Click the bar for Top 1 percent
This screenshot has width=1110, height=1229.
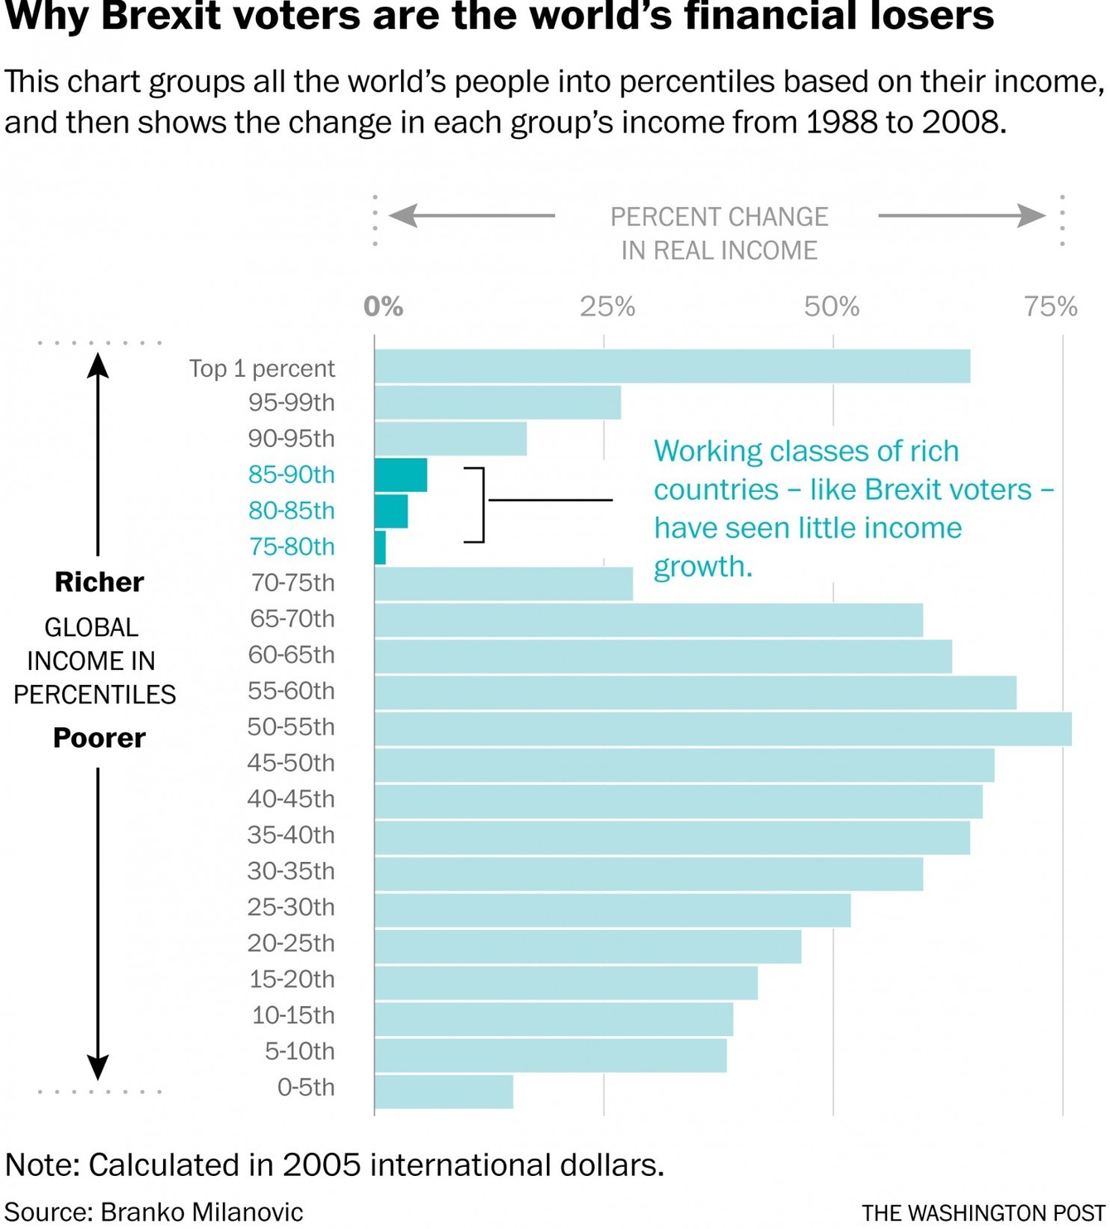672,366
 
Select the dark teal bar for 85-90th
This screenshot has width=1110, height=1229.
401,475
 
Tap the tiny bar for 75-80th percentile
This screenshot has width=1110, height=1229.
380,547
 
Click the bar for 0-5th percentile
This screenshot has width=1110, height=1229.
443,1091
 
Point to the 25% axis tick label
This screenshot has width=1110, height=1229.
607,307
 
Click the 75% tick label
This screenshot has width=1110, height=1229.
1050,307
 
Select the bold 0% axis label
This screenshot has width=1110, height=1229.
383,307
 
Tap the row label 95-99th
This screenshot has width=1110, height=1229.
292,402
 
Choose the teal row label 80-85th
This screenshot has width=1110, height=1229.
292,510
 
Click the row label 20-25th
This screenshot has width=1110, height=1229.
292,942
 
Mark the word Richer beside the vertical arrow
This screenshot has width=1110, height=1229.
99,582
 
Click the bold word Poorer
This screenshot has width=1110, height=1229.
99,738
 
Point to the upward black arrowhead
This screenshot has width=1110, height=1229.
98,364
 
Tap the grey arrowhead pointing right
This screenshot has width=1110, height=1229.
1032,215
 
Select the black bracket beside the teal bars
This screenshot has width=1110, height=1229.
479,504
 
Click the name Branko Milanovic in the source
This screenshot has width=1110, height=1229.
202,1212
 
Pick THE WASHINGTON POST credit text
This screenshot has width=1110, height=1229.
983,1213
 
